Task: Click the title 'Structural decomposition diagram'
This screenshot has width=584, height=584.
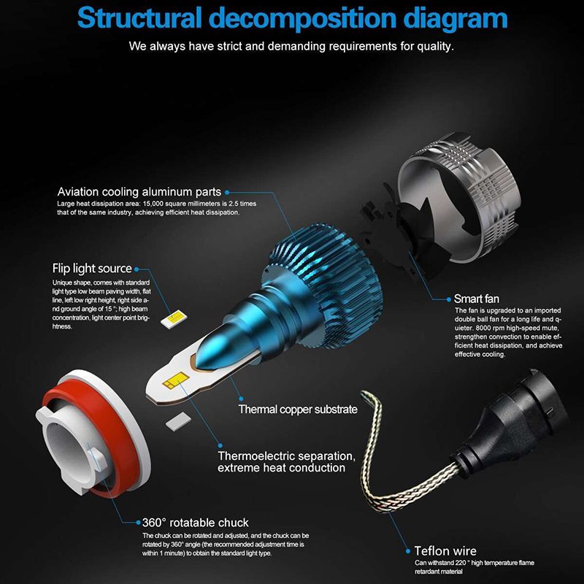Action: [293, 18]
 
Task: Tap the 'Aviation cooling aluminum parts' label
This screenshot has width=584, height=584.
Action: [139, 192]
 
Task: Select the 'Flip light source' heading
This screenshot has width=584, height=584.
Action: [92, 269]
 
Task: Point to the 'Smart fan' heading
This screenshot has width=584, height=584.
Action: [477, 299]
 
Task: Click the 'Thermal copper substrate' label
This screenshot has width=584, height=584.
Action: [298, 410]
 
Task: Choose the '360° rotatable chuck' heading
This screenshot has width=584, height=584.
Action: [195, 523]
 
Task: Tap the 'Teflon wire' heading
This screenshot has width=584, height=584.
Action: [445, 551]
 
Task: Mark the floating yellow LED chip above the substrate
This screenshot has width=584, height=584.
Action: [174, 318]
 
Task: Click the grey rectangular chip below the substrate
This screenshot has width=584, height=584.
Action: [178, 422]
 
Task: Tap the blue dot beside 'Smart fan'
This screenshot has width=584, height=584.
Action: [448, 299]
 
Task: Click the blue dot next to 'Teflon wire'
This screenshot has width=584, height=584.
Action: [408, 551]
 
